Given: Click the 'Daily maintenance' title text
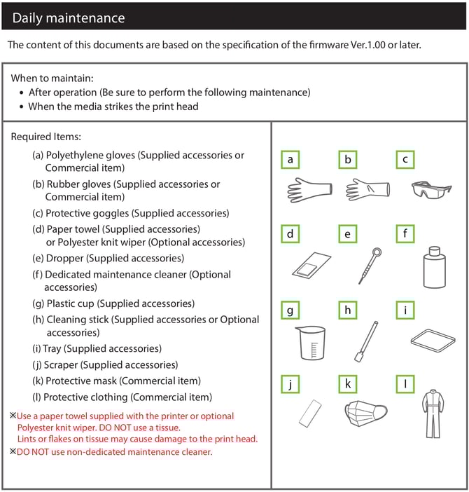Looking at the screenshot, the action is [69, 18].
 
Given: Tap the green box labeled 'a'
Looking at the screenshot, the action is [290, 160].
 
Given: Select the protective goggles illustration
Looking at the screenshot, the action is [431, 189].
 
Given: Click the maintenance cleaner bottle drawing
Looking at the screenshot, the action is [434, 267].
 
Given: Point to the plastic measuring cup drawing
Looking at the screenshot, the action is [311, 343].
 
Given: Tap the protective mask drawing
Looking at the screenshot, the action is [365, 413].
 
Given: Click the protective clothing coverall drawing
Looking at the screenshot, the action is [433, 414].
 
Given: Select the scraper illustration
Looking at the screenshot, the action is [310, 414].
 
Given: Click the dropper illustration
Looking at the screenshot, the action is [370, 266].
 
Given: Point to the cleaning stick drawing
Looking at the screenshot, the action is [366, 341].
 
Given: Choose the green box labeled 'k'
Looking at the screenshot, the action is [347, 384].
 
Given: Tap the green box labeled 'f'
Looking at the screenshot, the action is [405, 234].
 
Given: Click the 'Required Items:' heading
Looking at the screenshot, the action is [46, 137].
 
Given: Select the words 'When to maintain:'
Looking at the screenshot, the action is [52, 78].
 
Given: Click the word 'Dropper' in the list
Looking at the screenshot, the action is [65, 258].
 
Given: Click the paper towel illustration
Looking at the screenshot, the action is [311, 265].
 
